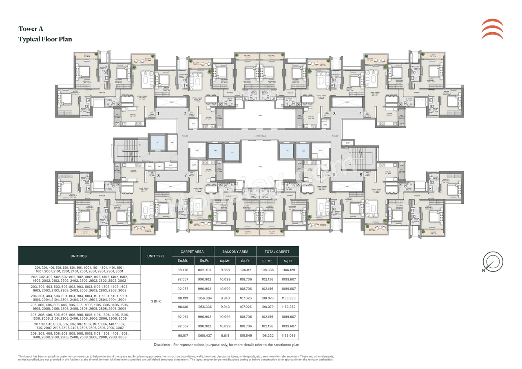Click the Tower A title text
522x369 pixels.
[x=31, y=29]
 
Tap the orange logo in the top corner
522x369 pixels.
[x=492, y=29]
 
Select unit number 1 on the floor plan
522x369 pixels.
[x=157, y=114]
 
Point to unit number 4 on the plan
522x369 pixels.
[x=360, y=114]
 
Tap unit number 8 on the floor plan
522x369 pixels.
[x=158, y=175]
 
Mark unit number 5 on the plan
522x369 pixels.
[x=361, y=175]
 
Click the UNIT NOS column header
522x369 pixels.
[x=79, y=256]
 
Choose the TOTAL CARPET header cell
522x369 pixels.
[x=277, y=252]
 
